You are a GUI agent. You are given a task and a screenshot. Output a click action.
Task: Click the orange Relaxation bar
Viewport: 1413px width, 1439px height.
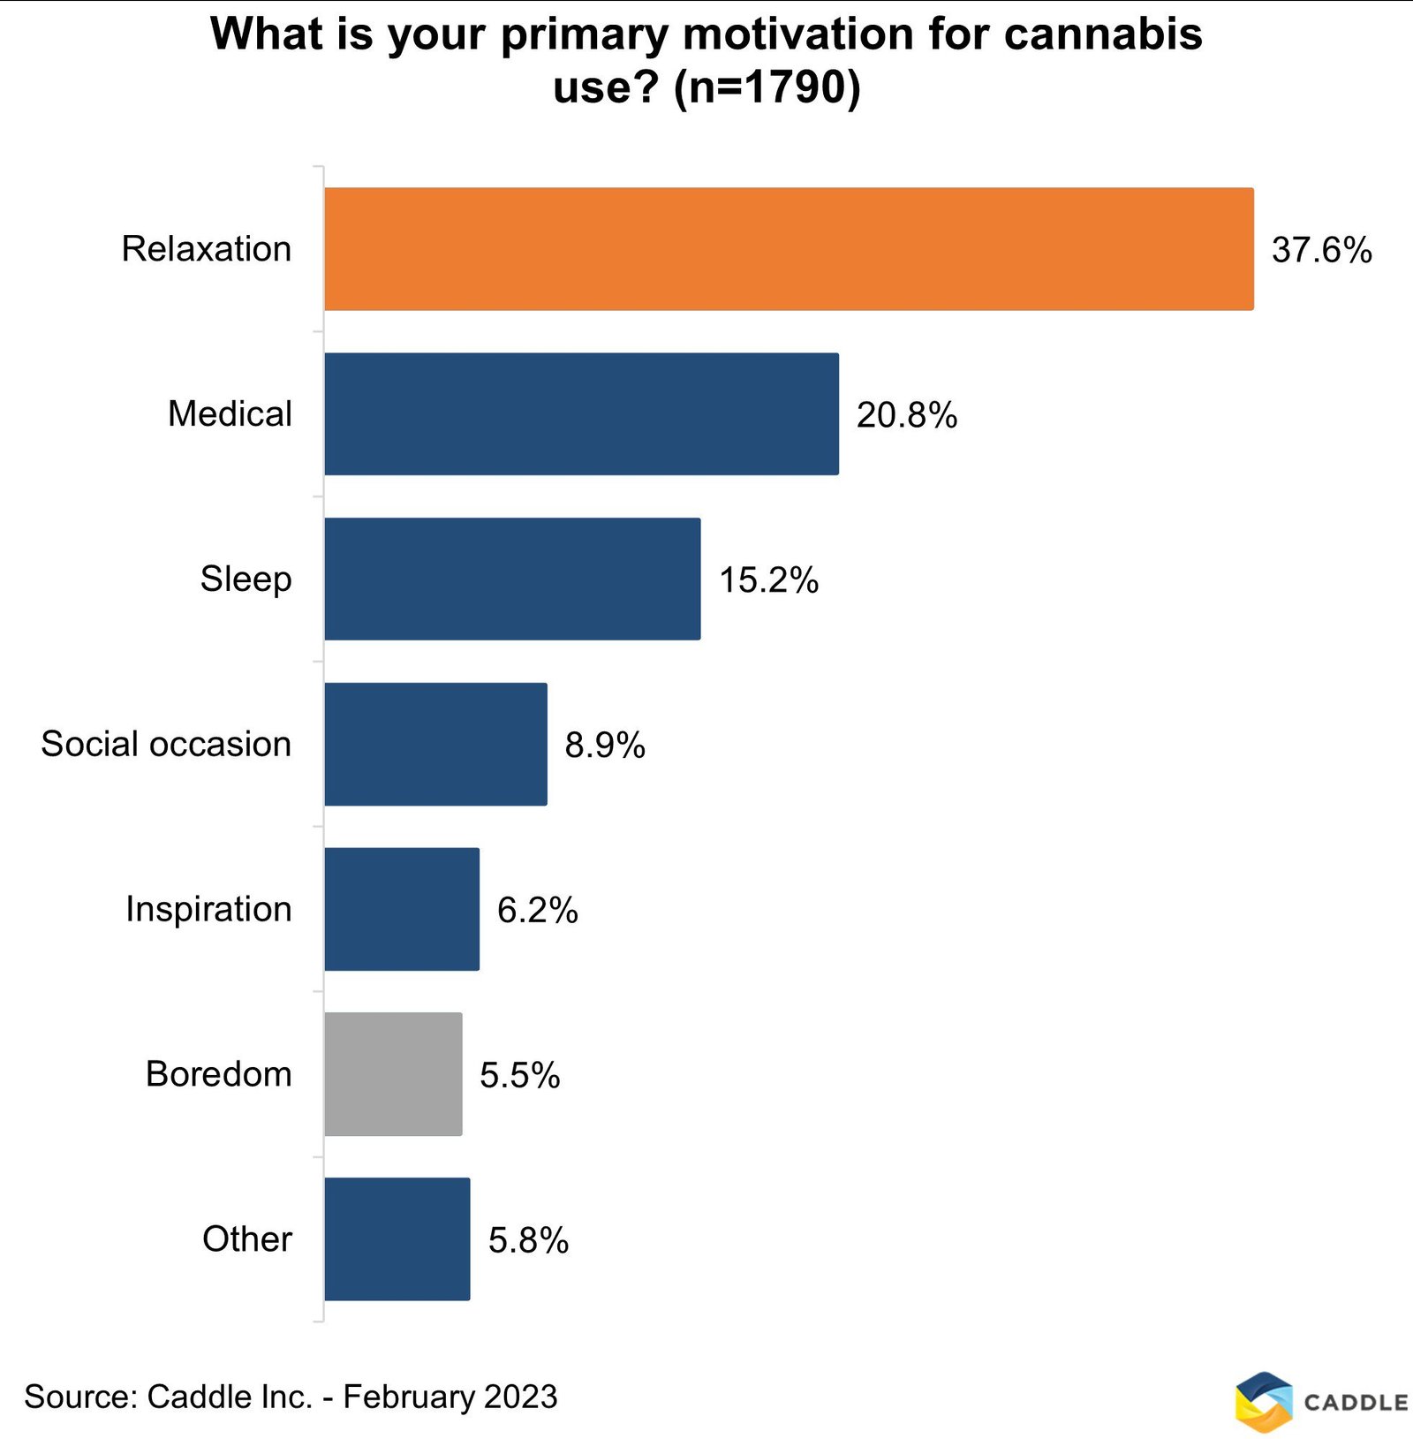coord(788,248)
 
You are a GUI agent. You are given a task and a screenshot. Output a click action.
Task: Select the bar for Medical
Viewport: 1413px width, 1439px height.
coord(581,413)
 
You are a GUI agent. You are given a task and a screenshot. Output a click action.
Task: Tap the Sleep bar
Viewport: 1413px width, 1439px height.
coord(512,579)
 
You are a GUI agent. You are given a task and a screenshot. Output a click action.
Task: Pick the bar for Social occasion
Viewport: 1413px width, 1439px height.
coord(435,744)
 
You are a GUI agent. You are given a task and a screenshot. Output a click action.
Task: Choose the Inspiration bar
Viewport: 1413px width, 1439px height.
coord(402,909)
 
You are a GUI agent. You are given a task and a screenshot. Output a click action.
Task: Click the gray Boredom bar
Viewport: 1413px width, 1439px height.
coord(393,1074)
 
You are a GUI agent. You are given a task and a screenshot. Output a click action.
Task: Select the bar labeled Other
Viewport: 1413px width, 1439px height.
coord(397,1238)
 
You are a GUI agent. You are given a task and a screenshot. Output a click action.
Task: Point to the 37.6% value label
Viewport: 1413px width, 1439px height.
coord(1321,250)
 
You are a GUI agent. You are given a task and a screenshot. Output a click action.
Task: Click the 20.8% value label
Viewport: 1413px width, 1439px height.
coord(907,415)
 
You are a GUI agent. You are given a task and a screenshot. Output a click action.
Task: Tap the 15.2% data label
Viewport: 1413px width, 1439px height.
coord(768,580)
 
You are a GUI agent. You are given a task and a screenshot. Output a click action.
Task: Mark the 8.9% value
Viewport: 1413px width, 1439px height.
coord(605,746)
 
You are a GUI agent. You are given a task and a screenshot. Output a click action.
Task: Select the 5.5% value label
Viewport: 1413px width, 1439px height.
coord(520,1076)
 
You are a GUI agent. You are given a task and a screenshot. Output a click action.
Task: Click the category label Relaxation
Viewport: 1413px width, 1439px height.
coord(207,249)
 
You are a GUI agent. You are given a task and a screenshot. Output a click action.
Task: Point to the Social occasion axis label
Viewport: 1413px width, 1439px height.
coord(166,744)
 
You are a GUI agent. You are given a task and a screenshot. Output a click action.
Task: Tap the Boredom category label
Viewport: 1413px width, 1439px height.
coord(218,1074)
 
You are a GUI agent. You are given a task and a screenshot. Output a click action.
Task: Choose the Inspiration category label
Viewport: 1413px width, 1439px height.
coord(208,909)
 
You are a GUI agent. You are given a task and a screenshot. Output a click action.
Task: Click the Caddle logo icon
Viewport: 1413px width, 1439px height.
coord(1264,1401)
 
